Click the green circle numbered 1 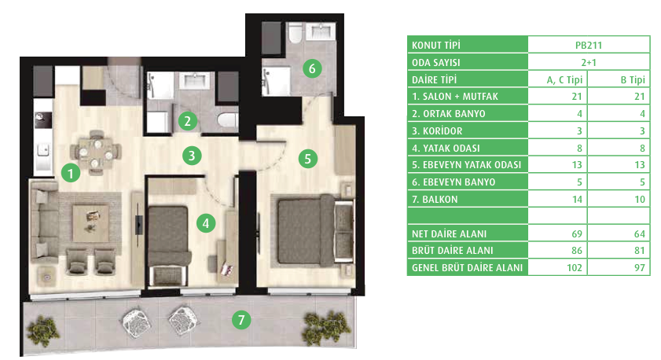(71, 173)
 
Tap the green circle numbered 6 (312, 68)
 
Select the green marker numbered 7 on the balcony (241, 320)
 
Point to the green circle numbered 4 (206, 223)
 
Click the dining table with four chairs (96, 152)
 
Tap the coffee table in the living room (90, 222)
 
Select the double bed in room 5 (315, 230)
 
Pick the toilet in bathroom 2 (228, 119)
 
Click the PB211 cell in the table (589, 45)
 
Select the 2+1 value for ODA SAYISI (589, 62)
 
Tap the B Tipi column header (633, 79)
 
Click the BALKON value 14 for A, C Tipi (577, 200)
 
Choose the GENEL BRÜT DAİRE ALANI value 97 (640, 268)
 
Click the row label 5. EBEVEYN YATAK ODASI (467, 165)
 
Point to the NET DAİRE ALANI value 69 (577, 234)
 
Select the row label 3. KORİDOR (437, 131)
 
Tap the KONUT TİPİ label (436, 45)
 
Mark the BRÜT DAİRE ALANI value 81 (640, 251)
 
